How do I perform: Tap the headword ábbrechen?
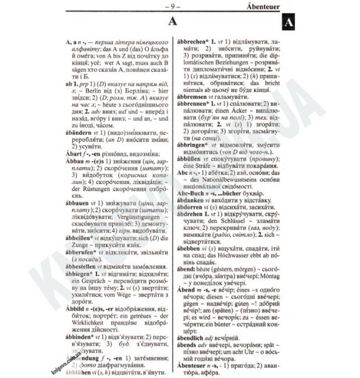[199, 40]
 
